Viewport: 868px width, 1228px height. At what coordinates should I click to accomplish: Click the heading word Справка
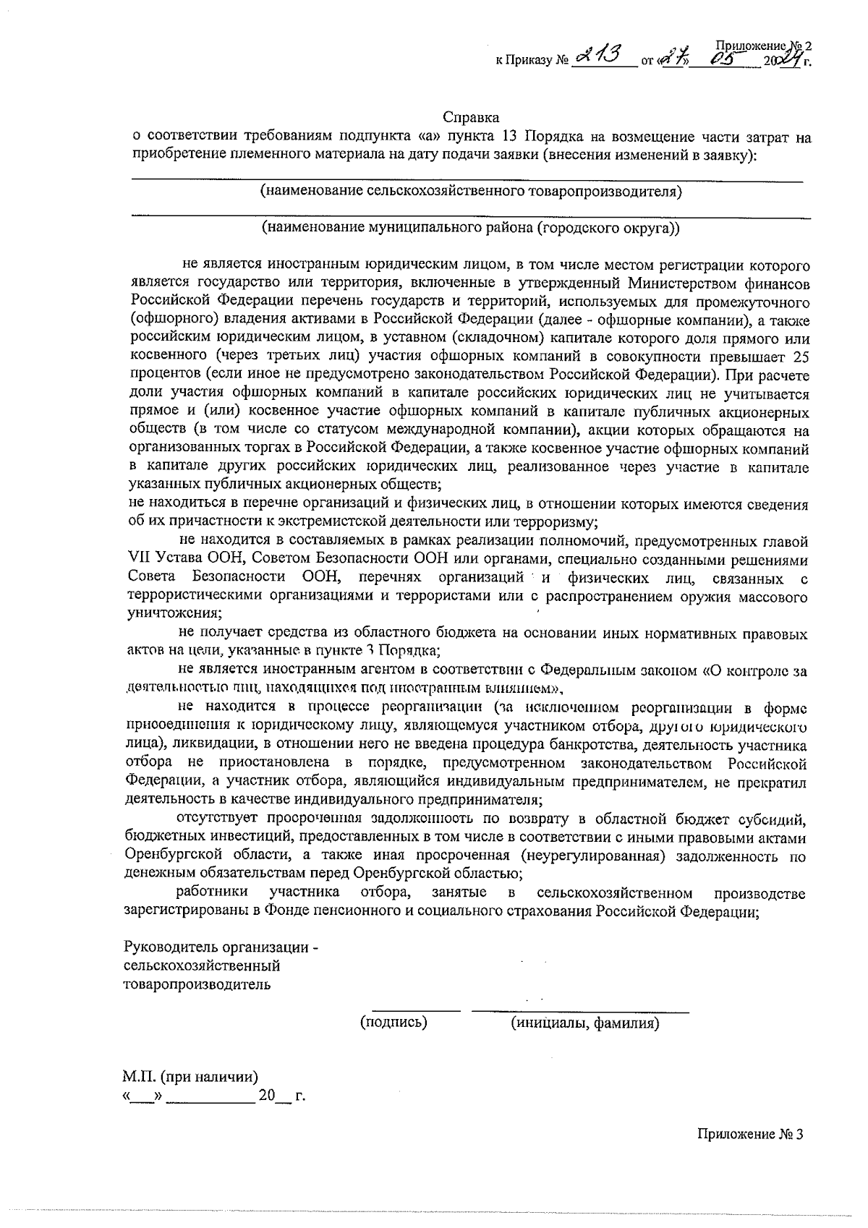point(471,116)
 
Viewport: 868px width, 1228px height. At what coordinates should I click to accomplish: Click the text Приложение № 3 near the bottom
point(750,1134)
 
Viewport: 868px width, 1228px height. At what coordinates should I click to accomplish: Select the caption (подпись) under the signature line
point(393,1023)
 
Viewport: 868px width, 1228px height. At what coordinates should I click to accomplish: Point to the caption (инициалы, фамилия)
point(584,1023)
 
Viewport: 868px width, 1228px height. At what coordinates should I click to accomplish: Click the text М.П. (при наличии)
point(190,1077)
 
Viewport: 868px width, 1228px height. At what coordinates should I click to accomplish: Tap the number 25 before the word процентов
point(801,357)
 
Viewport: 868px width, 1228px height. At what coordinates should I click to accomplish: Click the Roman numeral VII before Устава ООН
point(137,560)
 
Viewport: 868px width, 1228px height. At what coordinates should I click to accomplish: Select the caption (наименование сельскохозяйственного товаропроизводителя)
point(471,192)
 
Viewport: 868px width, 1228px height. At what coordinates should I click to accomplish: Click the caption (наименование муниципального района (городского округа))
point(471,228)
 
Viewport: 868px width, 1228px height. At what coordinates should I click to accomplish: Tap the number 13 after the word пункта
point(507,137)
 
